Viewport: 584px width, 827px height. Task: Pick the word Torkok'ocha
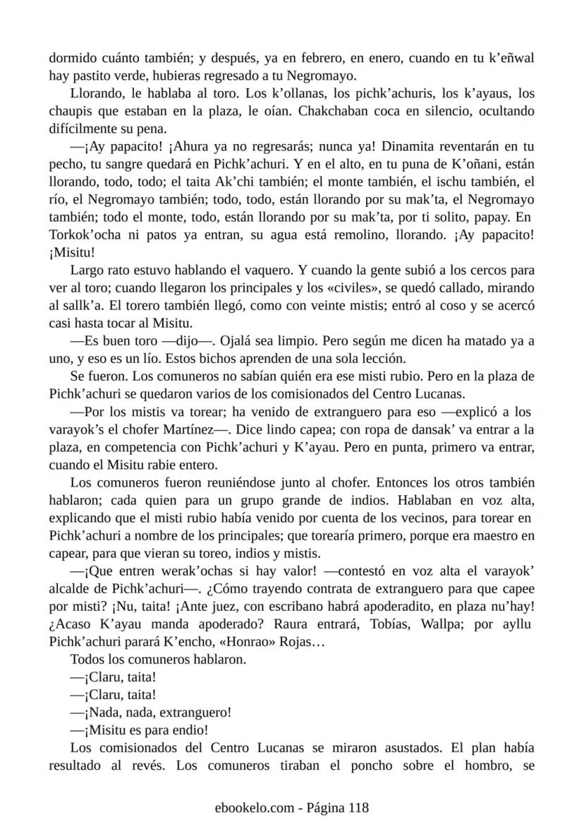coord(81,235)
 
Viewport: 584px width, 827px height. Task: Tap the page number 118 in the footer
coord(355,808)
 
